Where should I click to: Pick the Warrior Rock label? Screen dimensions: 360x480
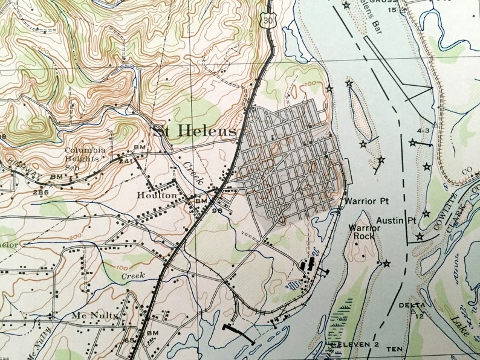pyautogui.click(x=364, y=232)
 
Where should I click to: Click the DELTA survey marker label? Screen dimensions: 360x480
pyautogui.click(x=412, y=305)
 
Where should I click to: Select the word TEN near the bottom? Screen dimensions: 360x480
pyautogui.click(x=394, y=349)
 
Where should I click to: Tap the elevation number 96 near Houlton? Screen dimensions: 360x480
pyautogui.click(x=215, y=211)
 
